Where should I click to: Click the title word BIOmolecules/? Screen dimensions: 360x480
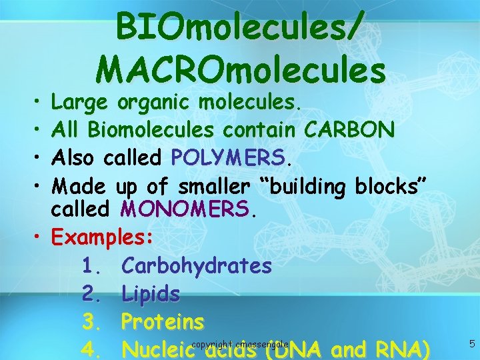click(240, 28)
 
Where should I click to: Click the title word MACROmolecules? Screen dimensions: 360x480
click(241, 69)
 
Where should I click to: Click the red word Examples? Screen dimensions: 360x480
click(103, 237)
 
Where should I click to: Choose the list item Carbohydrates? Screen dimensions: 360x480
click(197, 265)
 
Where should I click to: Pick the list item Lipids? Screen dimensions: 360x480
click(151, 294)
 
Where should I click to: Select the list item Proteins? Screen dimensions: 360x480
click(162, 322)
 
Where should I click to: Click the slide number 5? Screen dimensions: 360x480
click(472, 344)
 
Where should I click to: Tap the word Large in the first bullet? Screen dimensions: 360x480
click(80, 102)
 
